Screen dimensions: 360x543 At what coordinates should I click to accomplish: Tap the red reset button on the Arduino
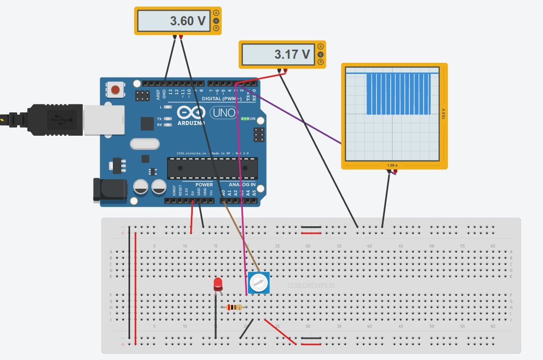(x=116, y=90)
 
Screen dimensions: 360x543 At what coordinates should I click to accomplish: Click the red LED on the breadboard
(x=218, y=284)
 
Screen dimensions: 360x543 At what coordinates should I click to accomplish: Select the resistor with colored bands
(x=234, y=307)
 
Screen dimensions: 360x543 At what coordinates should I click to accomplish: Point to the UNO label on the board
(x=224, y=112)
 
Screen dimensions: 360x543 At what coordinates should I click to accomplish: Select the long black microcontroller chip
(x=212, y=168)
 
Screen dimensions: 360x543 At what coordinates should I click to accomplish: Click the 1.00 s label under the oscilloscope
(x=393, y=166)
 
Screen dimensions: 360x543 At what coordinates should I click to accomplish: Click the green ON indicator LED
(x=245, y=119)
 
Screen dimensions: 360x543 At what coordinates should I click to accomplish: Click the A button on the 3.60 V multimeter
(x=217, y=12)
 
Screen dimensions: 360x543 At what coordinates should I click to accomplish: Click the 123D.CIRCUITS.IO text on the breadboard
(x=311, y=286)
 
